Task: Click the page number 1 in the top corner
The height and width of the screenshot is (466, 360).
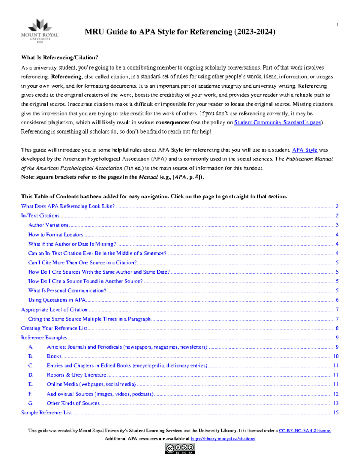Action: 337,25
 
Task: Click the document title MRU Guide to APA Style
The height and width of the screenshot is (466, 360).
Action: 180,32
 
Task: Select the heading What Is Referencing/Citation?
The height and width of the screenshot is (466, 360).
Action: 59,58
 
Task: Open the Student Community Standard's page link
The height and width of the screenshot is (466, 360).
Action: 277,122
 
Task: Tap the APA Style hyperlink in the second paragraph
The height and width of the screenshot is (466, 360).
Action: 304,150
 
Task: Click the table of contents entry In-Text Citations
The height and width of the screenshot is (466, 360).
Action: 40,216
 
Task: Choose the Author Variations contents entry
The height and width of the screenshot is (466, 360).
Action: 48,225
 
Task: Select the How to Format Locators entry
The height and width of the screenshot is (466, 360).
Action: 55,235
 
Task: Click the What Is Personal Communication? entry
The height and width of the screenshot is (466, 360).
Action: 67,291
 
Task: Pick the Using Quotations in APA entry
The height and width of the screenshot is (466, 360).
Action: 57,300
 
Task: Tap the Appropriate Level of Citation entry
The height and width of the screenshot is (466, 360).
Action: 54,310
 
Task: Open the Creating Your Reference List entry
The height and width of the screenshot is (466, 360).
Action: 54,328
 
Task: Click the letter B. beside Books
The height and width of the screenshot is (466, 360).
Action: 31,356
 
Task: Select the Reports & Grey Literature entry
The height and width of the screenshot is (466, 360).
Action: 76,375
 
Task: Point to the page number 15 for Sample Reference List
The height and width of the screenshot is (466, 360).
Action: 336,413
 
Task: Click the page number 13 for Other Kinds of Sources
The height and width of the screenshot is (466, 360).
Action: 336,403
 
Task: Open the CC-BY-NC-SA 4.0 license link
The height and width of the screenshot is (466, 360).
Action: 304,431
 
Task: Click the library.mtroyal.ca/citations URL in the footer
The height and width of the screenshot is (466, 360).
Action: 223,439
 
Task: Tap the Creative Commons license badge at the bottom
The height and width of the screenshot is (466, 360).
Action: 180,449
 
